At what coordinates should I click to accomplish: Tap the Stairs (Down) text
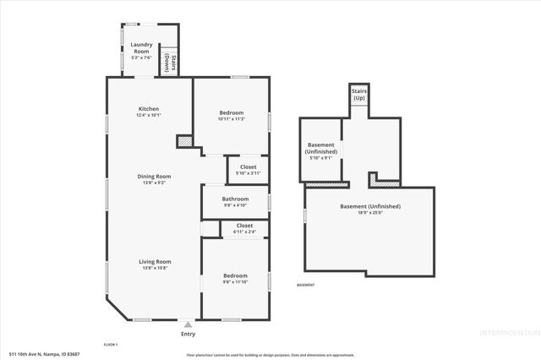pyautogui.click(x=169, y=61)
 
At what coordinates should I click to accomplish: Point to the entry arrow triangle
pyautogui.click(x=188, y=323)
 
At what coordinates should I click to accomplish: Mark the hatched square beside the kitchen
pyautogui.click(x=184, y=141)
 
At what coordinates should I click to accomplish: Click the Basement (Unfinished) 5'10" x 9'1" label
pyautogui.click(x=320, y=150)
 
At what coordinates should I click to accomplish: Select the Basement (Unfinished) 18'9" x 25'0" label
pyautogui.click(x=369, y=209)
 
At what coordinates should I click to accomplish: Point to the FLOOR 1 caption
pyautogui.click(x=110, y=345)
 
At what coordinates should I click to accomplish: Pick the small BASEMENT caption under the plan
pyautogui.click(x=305, y=285)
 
